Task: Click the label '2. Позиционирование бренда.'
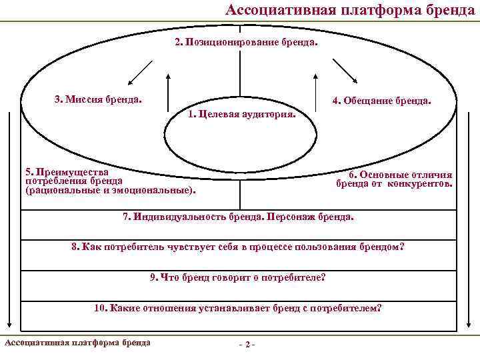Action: [x=246, y=42]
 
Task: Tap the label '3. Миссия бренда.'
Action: [x=98, y=99]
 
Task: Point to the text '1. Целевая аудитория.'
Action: [x=242, y=114]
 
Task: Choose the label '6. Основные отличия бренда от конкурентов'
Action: [x=394, y=179]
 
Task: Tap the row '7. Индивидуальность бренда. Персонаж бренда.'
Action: [x=239, y=217]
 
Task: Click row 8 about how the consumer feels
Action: [x=238, y=247]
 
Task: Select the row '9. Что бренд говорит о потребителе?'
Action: [x=238, y=277]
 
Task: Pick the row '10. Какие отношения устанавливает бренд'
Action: [x=238, y=308]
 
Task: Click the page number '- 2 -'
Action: [x=247, y=344]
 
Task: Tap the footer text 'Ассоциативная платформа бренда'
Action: [x=77, y=343]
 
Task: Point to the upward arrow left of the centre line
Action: [x=168, y=93]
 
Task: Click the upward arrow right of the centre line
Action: [x=313, y=93]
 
